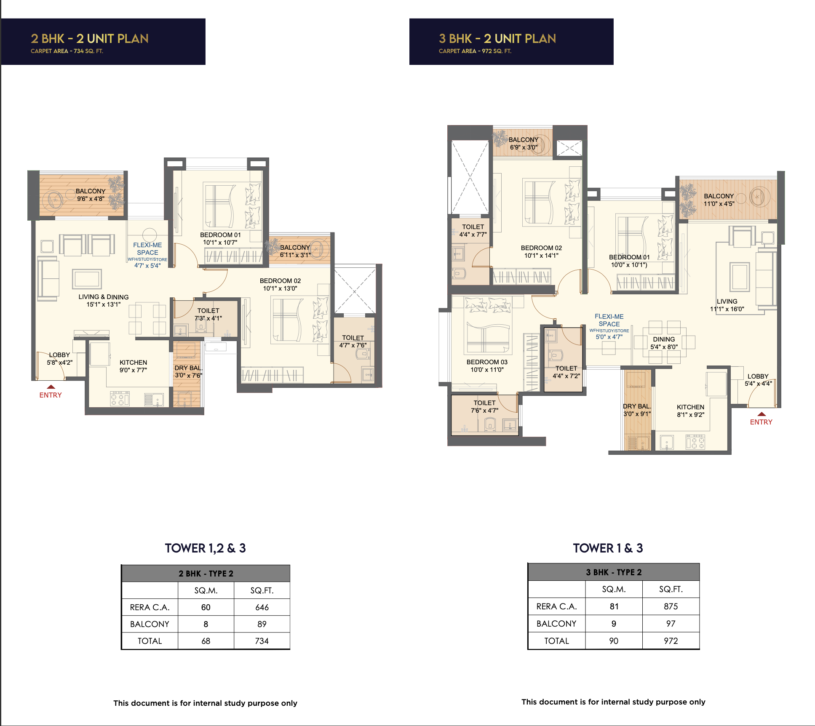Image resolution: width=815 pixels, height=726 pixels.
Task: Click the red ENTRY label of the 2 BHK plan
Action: pos(51,395)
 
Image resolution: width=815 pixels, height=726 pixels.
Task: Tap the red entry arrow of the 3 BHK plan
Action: pos(761,414)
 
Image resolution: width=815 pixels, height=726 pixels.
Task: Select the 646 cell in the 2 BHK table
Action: pos(262,607)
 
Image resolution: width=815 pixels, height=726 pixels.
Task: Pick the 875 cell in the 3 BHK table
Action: pos(671,606)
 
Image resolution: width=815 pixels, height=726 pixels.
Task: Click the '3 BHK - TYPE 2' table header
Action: pos(614,572)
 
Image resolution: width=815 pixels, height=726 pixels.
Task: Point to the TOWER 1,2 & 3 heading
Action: pos(206,548)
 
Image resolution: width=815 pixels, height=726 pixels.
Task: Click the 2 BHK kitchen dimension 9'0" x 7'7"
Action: pos(133,370)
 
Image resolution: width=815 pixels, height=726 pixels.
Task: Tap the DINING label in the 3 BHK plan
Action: pos(664,339)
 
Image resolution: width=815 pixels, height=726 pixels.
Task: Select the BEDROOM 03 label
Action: pos(487,362)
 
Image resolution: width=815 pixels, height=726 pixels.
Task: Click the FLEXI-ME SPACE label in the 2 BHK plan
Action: pos(147,248)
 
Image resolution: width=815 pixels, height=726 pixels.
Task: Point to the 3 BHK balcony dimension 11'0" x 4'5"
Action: pos(719,204)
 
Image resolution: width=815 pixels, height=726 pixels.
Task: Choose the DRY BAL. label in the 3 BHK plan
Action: pos(637,406)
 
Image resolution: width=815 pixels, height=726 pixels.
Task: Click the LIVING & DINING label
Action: pos(104,297)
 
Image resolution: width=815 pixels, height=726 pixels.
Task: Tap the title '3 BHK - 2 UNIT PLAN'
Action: pos(497,39)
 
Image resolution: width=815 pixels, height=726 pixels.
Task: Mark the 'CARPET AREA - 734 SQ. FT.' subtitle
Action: pos(67,51)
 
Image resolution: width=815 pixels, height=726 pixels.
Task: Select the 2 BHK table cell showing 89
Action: pos(262,624)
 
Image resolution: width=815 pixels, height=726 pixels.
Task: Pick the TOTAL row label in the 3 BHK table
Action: pos(556,641)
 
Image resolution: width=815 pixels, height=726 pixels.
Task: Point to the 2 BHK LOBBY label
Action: pos(59,355)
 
